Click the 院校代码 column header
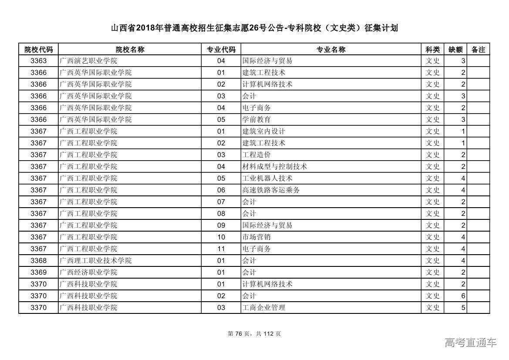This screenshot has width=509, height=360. pyautogui.click(x=38, y=49)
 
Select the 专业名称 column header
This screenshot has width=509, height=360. pyautogui.click(x=330, y=49)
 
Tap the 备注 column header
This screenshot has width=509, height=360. pyautogui.click(x=478, y=49)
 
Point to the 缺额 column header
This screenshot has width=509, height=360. pyautogui.click(x=455, y=49)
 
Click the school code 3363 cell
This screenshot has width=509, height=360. pyautogui.click(x=38, y=61)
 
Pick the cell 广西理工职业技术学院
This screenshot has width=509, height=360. pyautogui.click(x=96, y=261)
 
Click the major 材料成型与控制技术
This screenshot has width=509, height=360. pyautogui.click(x=274, y=167)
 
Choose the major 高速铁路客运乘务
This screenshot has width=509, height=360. pyautogui.click(x=271, y=190)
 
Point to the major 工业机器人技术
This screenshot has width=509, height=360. pyautogui.click(x=267, y=178)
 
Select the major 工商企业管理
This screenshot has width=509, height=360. pyautogui.click(x=264, y=308)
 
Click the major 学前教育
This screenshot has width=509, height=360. pyautogui.click(x=256, y=120)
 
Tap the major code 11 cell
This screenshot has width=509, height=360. pyautogui.click(x=221, y=249)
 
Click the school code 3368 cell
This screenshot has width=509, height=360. pyautogui.click(x=38, y=261)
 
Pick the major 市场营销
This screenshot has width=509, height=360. pyautogui.click(x=256, y=237)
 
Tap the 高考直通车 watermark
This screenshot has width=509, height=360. pyautogui.click(x=470, y=343)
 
